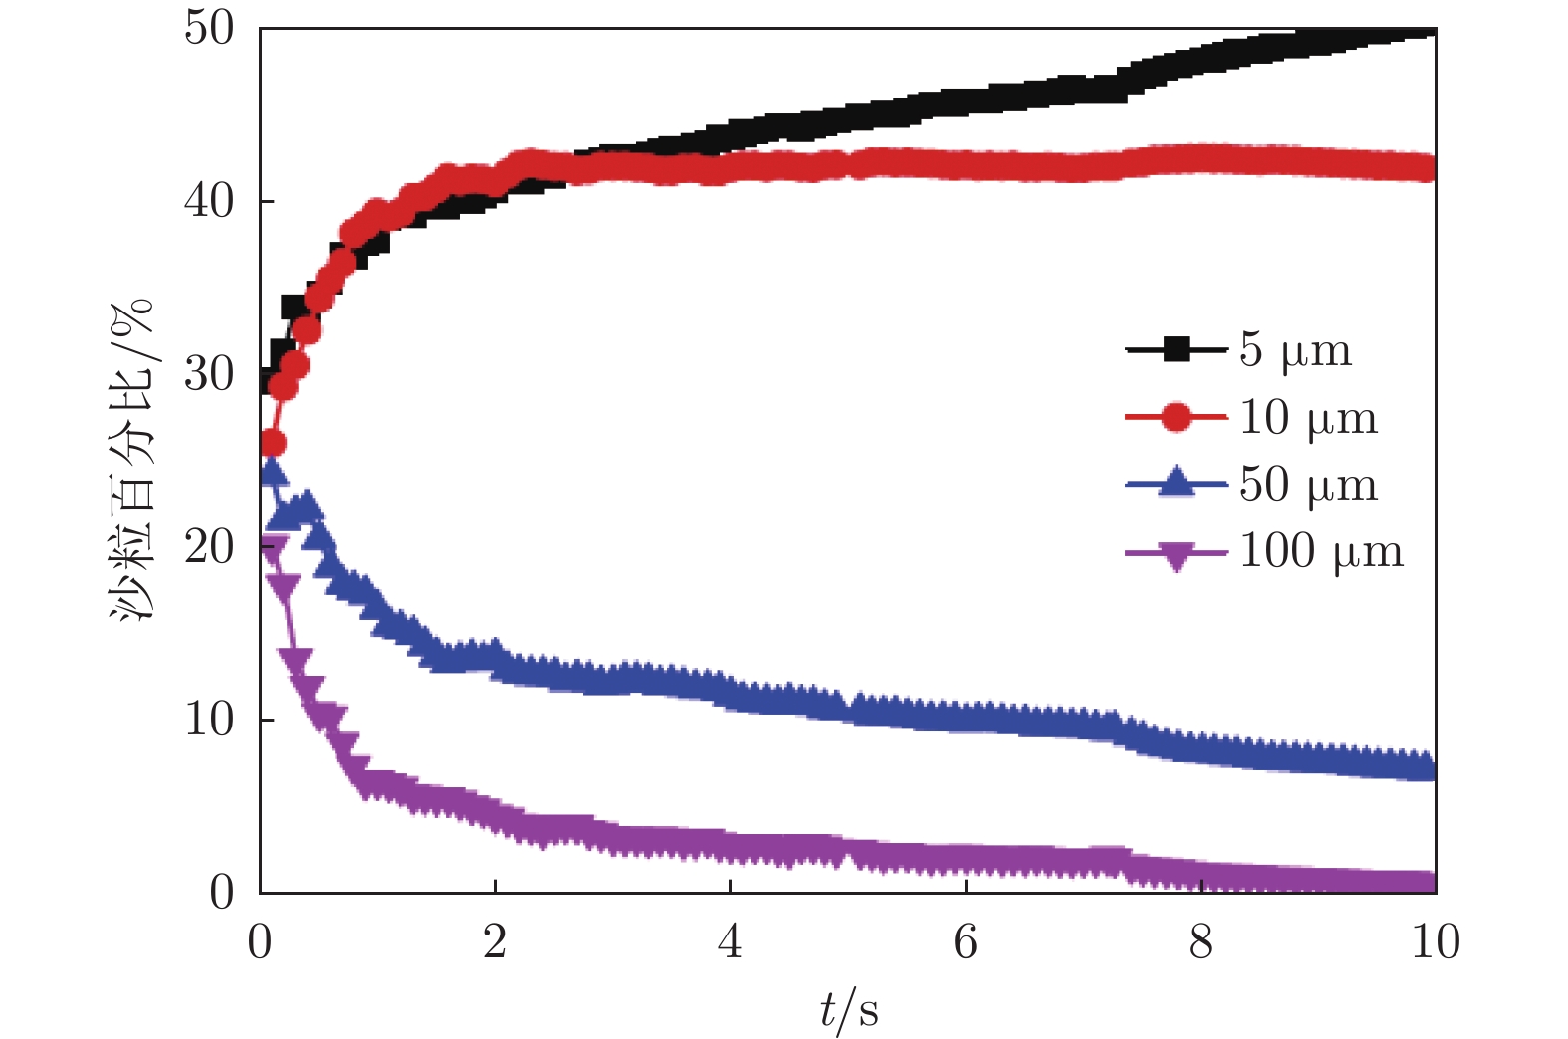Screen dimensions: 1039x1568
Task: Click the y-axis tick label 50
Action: tap(209, 28)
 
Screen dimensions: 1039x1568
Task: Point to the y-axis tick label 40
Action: tap(209, 201)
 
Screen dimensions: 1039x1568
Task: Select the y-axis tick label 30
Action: tap(209, 374)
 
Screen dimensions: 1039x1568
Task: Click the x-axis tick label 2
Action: tap(495, 941)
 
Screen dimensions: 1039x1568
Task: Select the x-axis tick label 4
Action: tap(730, 941)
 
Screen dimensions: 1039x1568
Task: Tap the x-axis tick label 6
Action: tap(965, 941)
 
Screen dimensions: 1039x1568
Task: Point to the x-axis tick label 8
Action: tap(1201, 941)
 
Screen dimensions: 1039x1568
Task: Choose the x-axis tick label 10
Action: tap(1435, 941)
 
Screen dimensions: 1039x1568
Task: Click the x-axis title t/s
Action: tap(849, 1011)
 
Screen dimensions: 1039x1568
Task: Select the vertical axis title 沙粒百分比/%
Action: tap(131, 460)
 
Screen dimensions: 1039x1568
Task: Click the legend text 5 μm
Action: tap(1295, 350)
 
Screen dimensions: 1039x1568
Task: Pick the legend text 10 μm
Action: tap(1308, 418)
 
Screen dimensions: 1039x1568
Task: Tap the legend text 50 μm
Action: tap(1308, 485)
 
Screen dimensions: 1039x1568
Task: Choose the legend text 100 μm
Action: tap(1321, 551)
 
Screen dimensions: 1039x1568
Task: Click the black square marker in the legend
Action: tap(1176, 350)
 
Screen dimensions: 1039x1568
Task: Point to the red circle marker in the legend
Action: tap(1176, 418)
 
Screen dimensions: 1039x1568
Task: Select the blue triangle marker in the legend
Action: tap(1176, 483)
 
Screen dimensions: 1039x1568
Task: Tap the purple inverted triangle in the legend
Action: tap(1176, 555)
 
